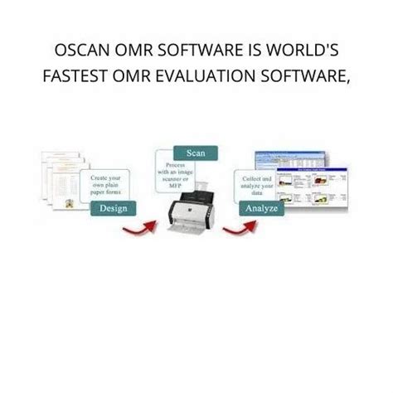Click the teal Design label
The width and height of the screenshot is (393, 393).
click(113, 208)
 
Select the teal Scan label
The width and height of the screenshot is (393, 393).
click(196, 152)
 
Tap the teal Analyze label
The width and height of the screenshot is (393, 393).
click(260, 208)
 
